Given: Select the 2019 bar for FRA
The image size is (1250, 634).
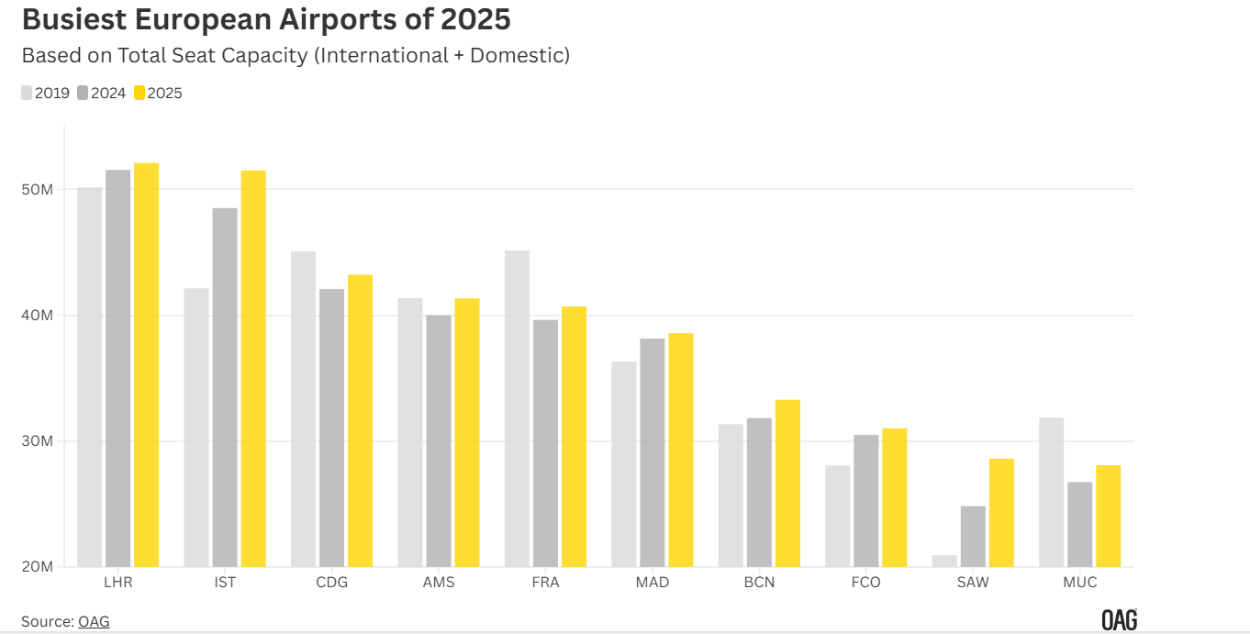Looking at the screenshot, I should click(x=517, y=408).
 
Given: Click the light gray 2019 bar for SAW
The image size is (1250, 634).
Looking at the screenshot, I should click(x=944, y=561).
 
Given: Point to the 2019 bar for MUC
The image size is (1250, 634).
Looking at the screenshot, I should click(x=1051, y=492).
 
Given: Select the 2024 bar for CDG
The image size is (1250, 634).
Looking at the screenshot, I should click(x=331, y=428).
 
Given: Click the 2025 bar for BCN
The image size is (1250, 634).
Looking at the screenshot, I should click(x=787, y=483).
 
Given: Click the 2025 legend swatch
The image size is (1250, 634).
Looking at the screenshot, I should click(x=140, y=93).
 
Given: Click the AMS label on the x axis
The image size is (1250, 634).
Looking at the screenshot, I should click(x=439, y=583).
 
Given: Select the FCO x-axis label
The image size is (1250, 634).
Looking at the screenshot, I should click(x=866, y=583).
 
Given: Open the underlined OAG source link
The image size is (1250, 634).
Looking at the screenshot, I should click(x=94, y=621).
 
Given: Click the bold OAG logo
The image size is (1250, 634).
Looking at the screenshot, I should click(x=1119, y=621).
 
